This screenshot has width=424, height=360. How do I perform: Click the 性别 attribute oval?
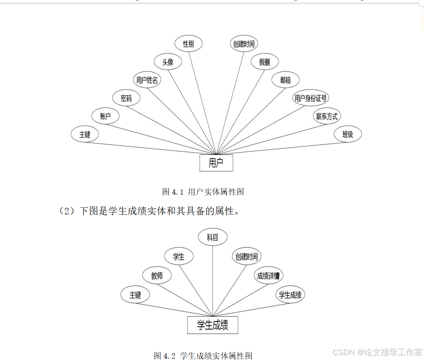click(x=189, y=44)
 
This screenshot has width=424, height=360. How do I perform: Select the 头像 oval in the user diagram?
click(x=168, y=62)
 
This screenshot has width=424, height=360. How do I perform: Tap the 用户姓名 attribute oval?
click(x=147, y=80)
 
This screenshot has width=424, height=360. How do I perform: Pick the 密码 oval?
click(x=126, y=98)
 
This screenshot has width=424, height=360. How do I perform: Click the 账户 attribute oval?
click(x=105, y=116)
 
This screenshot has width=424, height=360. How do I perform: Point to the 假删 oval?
click(x=264, y=62)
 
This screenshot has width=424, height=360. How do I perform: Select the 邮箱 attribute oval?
click(x=285, y=80)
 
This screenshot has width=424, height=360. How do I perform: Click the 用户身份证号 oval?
click(x=311, y=98)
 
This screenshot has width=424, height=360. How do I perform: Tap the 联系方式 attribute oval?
click(x=327, y=116)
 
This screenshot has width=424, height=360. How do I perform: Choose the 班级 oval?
click(x=348, y=135)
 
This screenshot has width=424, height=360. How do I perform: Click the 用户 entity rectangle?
click(x=216, y=163)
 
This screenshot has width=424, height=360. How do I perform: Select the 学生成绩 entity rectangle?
click(x=212, y=326)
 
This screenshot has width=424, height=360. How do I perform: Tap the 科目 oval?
click(x=212, y=237)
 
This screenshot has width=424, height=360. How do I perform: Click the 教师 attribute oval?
click(x=157, y=276)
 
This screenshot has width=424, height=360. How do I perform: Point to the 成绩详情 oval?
click(x=268, y=276)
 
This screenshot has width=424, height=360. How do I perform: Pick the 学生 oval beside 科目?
click(x=179, y=256)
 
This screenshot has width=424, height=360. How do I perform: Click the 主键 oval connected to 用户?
click(x=85, y=135)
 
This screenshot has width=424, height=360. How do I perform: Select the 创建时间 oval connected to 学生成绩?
click(x=246, y=256)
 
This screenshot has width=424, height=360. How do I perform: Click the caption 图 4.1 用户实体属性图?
click(x=203, y=192)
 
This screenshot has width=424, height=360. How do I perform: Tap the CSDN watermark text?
click(x=377, y=352)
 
